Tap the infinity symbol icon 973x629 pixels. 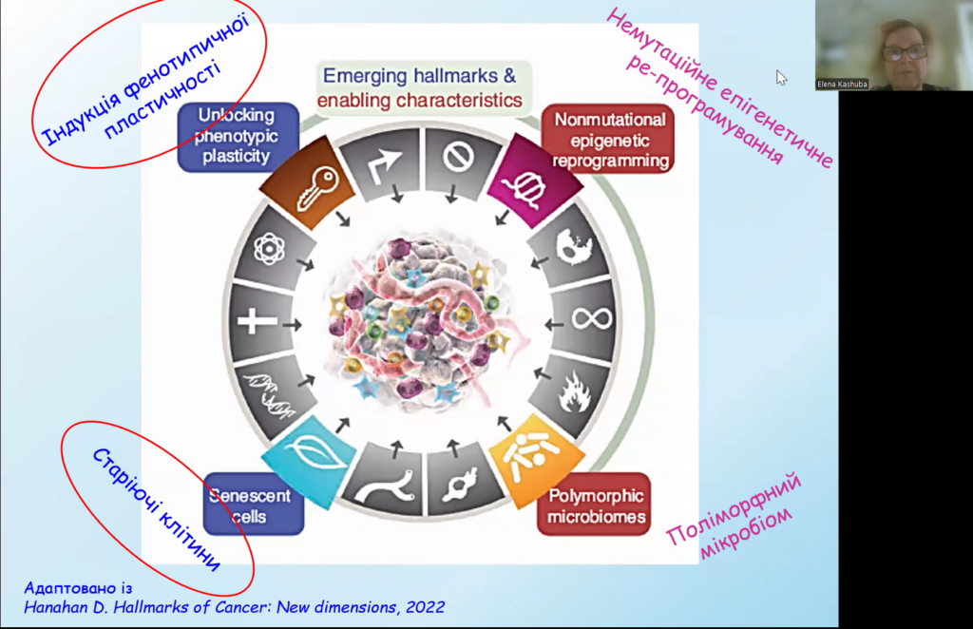[x=582, y=318]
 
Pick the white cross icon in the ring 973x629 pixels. [x=258, y=320]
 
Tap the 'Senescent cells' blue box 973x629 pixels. [x=252, y=504]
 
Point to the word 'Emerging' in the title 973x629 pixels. [x=366, y=75]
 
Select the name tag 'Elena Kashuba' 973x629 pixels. [x=842, y=84]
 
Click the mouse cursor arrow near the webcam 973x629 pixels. [x=781, y=77]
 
